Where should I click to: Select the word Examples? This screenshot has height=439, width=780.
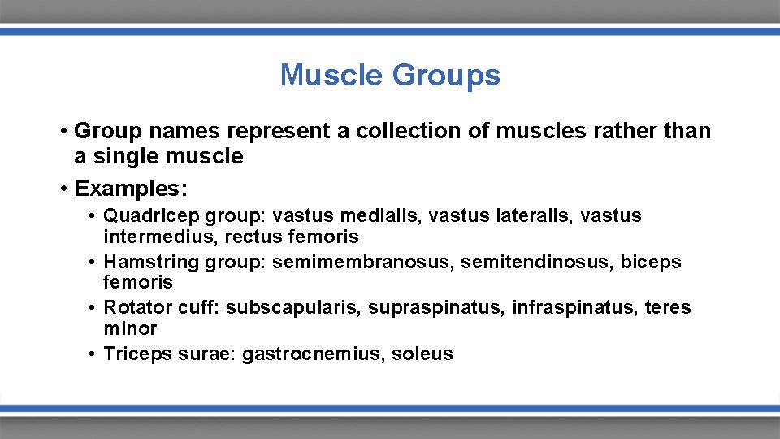click(131, 189)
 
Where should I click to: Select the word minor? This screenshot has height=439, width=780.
click(130, 328)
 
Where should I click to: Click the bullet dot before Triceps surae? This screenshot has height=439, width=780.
click(95, 354)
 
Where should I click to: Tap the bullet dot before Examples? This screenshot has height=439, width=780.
click(63, 189)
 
